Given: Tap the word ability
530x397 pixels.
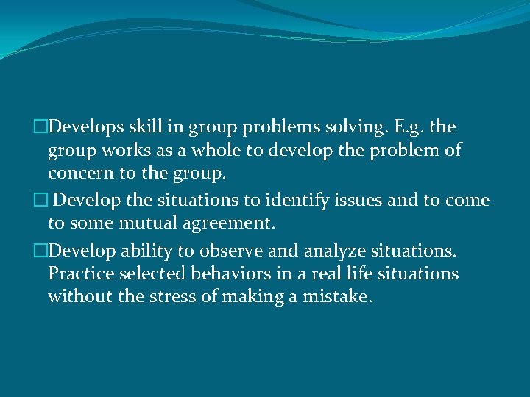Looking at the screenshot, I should point(146,251).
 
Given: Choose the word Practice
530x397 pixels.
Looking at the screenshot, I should point(80,274).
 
